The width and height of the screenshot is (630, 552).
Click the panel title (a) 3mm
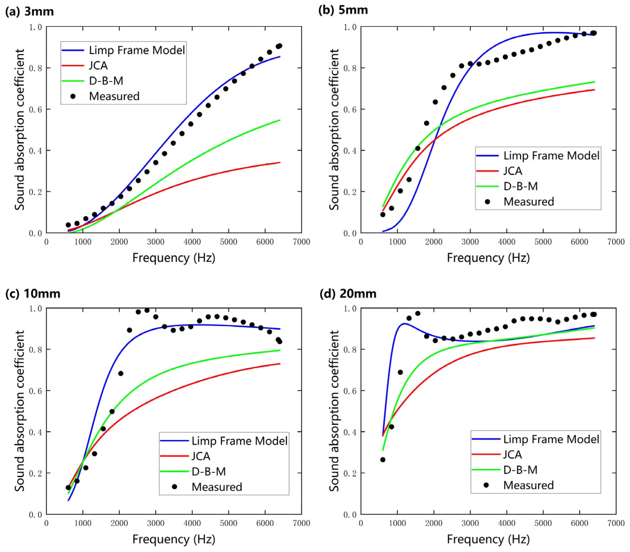[30, 12]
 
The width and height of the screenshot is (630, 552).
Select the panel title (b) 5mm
[343, 10]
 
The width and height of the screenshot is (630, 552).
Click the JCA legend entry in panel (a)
[98, 66]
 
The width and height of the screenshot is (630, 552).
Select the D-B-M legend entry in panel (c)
[209, 471]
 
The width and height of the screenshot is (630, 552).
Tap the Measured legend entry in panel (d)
[528, 485]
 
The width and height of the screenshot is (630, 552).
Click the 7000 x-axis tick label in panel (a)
[301, 242]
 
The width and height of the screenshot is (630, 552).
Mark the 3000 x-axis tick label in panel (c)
[156, 523]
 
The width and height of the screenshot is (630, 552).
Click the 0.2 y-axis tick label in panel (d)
[350, 473]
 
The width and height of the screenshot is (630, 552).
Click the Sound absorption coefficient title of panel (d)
[334, 411]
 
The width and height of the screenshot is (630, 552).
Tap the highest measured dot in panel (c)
[147, 310]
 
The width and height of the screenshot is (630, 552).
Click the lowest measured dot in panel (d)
[383, 460]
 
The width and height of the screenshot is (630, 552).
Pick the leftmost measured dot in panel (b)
[383, 214]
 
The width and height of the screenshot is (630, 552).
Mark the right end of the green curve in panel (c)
[280, 350]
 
